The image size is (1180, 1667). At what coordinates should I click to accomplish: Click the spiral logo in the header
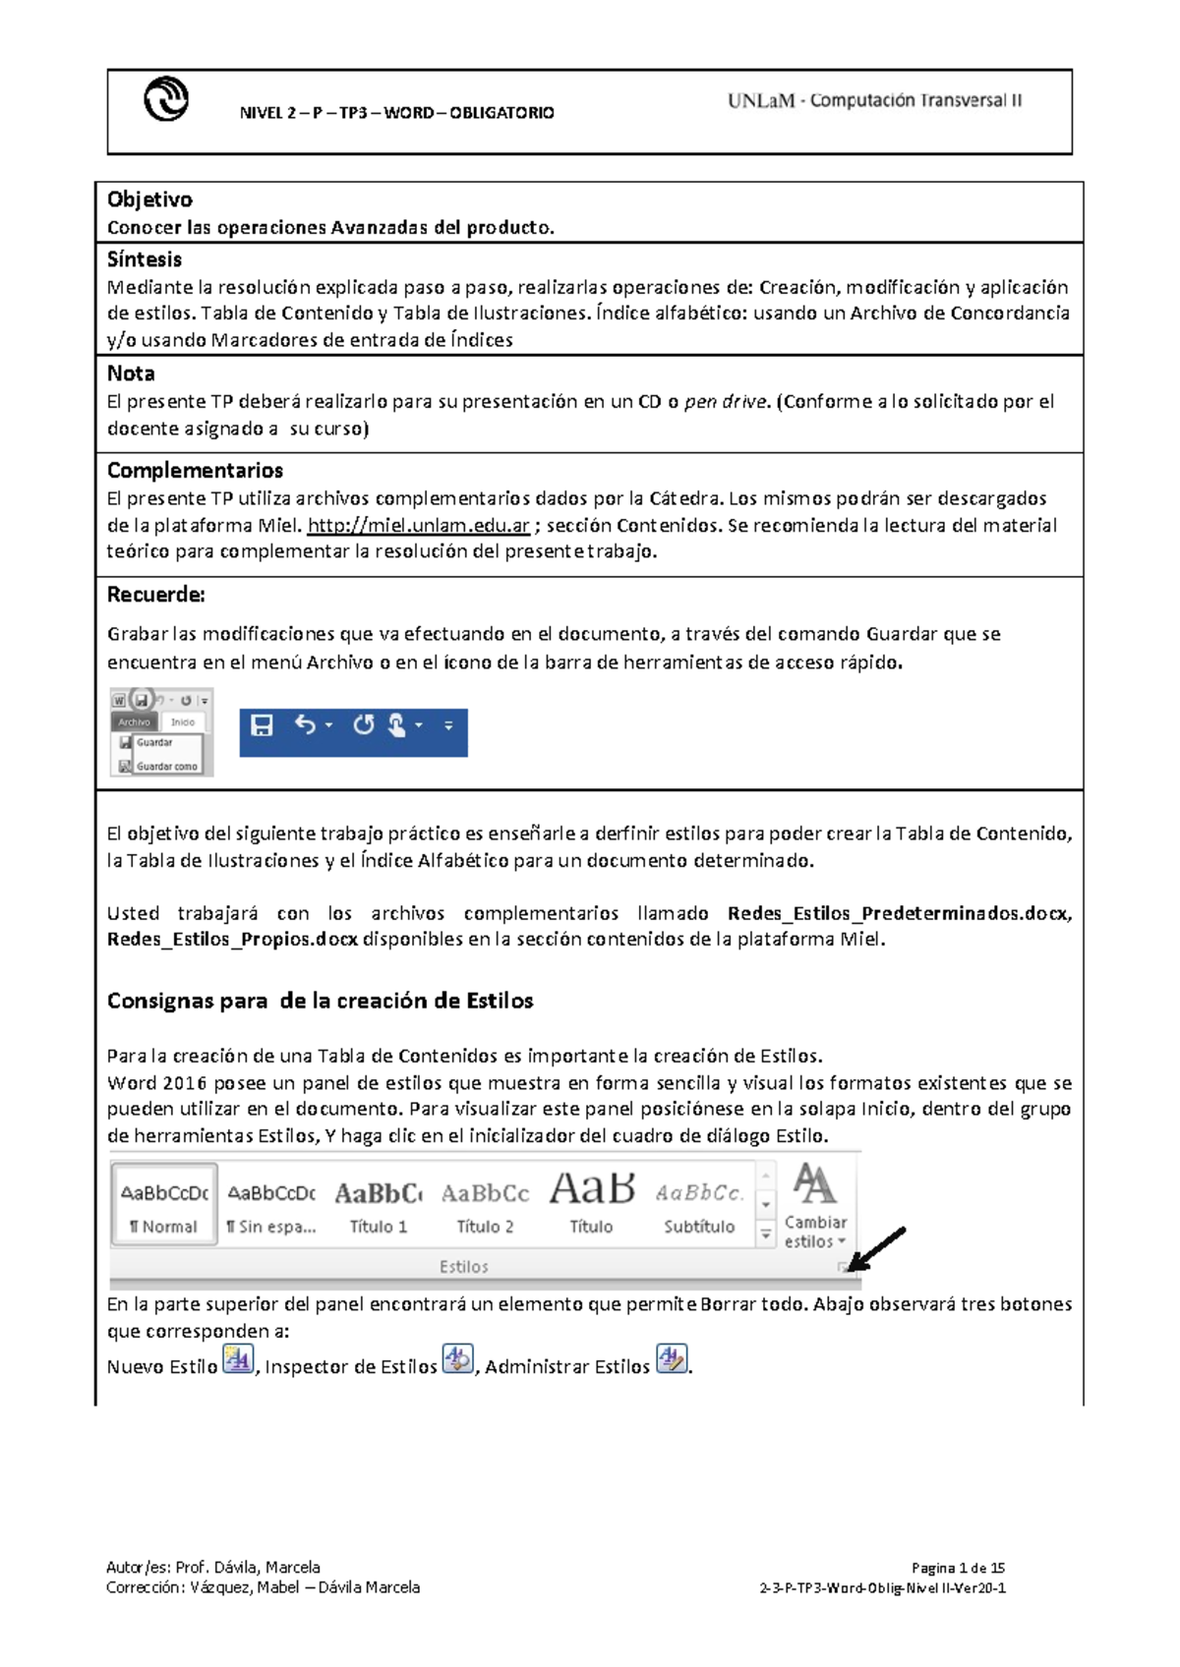click(166, 99)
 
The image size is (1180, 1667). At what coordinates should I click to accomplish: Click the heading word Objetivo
click(149, 200)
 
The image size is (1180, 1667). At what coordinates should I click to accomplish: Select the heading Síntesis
click(145, 259)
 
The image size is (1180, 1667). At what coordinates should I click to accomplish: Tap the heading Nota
click(131, 374)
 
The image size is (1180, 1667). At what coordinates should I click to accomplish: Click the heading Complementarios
click(195, 470)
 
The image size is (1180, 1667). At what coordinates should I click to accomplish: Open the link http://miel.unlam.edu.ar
click(419, 525)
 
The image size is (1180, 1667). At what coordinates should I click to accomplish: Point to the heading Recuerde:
click(155, 595)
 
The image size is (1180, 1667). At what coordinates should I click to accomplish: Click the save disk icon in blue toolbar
click(262, 725)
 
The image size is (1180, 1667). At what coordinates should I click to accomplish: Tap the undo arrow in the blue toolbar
click(305, 725)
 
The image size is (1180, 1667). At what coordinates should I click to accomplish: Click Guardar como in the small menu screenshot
click(166, 766)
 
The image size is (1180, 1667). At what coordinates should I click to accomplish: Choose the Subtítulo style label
click(699, 1227)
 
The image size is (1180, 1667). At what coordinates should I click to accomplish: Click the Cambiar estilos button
click(815, 1207)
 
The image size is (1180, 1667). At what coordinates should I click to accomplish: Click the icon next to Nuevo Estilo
click(238, 1359)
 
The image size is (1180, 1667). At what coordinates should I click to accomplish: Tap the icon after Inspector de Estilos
click(457, 1359)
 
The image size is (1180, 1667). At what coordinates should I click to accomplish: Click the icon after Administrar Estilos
click(672, 1359)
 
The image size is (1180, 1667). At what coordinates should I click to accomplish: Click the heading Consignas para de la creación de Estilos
click(320, 1001)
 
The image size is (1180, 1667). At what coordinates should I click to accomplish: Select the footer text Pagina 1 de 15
click(957, 1568)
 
